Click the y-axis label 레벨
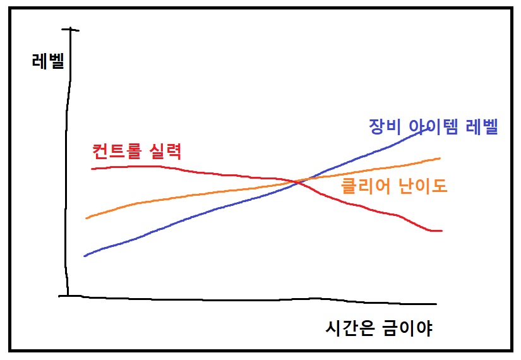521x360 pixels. click(48, 61)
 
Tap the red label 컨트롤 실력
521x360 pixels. click(137, 152)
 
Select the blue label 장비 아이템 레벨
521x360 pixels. click(434, 127)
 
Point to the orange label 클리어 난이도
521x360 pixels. click(394, 186)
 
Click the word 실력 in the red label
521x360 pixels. click(167, 152)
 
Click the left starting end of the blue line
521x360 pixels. click(85, 255)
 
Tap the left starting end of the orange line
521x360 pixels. click(87, 218)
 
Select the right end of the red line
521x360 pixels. click(441, 231)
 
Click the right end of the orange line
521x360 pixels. click(439, 158)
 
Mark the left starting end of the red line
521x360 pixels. click(92, 169)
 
